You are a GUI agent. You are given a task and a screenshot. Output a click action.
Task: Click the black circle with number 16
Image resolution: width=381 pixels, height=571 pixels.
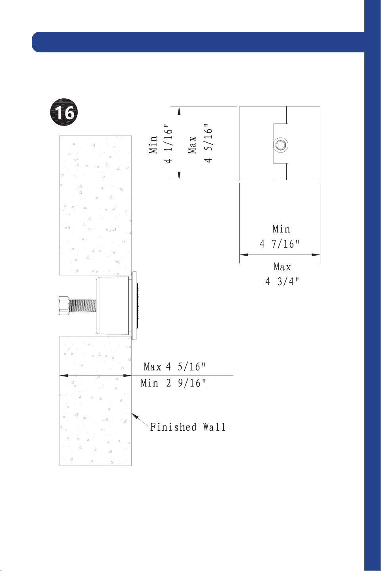(x=63, y=112)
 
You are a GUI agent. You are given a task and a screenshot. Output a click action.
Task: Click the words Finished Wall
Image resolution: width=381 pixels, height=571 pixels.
(x=188, y=427)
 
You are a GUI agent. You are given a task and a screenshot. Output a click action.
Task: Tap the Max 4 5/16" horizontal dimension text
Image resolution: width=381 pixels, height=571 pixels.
(x=174, y=367)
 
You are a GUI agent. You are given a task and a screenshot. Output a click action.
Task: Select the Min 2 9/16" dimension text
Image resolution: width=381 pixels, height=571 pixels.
(x=173, y=383)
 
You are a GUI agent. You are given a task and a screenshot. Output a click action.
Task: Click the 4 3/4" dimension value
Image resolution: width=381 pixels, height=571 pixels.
(x=282, y=281)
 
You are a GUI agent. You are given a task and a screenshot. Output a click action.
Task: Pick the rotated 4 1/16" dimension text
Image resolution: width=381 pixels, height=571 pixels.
(x=168, y=144)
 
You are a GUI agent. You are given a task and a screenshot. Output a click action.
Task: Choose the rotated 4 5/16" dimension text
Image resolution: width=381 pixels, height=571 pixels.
(x=208, y=143)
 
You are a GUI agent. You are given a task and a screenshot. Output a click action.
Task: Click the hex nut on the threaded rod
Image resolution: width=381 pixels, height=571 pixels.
(x=64, y=306)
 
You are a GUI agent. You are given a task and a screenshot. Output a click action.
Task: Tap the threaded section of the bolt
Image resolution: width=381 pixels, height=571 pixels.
(x=82, y=306)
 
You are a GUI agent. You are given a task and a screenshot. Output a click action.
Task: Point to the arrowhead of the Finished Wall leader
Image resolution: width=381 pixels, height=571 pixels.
(x=134, y=415)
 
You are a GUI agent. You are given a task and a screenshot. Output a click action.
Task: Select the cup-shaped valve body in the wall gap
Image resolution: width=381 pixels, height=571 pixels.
(x=114, y=306)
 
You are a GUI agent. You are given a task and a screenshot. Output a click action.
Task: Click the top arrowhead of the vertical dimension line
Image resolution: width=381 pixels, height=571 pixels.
(x=179, y=111)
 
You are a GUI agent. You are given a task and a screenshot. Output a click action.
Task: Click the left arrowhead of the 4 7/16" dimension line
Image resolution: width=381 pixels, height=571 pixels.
(x=244, y=254)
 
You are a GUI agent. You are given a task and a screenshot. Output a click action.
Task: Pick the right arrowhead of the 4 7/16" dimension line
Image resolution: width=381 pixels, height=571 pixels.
(x=316, y=254)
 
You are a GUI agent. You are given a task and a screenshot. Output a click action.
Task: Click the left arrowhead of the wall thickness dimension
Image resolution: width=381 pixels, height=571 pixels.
(x=64, y=376)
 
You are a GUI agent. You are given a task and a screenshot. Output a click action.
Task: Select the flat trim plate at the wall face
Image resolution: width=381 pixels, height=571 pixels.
(x=134, y=306)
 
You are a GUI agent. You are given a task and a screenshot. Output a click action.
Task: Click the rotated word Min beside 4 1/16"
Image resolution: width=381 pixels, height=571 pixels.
(x=153, y=145)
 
